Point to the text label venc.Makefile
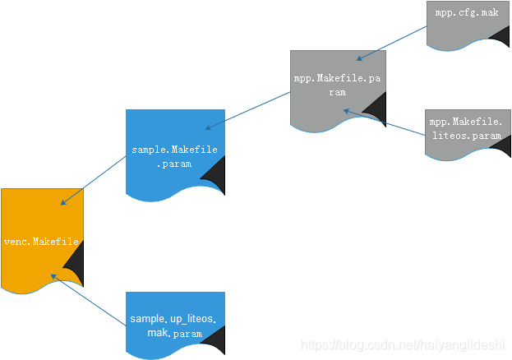tap(41, 242)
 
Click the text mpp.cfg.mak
tap(466, 13)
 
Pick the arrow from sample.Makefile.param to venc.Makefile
tap(93, 180)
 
